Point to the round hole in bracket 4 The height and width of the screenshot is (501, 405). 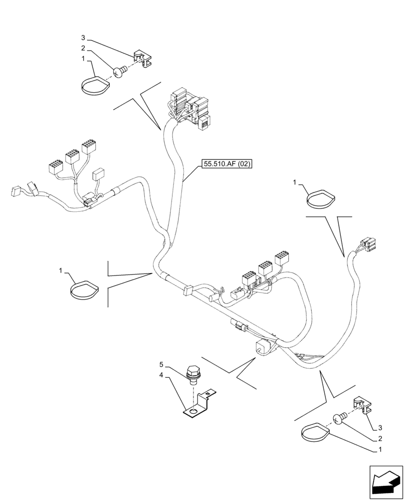(192, 411)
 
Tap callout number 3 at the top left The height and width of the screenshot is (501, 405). (83, 38)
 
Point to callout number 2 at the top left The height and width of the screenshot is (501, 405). (83, 49)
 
